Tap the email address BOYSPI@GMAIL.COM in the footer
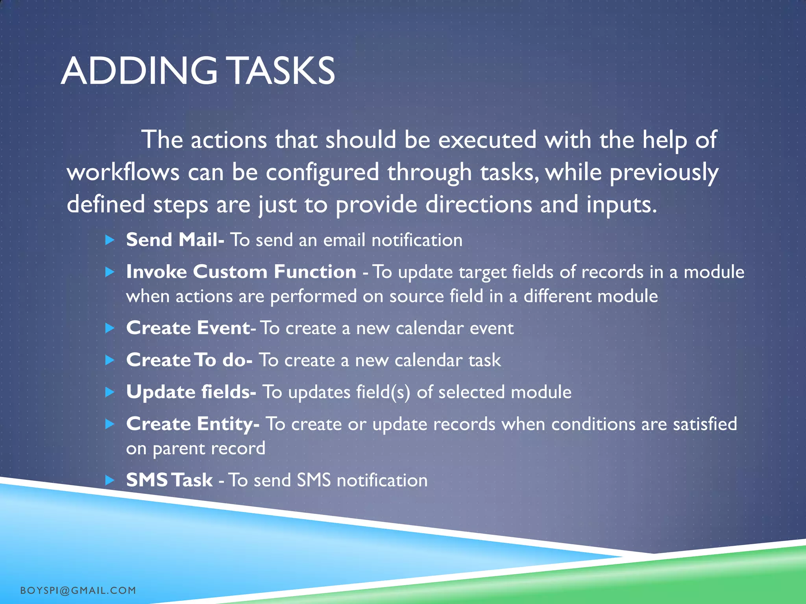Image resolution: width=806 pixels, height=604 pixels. point(78,590)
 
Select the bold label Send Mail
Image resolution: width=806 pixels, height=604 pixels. point(175,239)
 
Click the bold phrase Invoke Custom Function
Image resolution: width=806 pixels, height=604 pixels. point(241,272)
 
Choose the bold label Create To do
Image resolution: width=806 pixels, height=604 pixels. point(189,360)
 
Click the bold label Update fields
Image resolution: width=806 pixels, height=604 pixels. point(191,392)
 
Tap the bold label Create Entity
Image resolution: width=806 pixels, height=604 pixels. point(192,424)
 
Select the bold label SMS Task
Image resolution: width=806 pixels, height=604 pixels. point(169,480)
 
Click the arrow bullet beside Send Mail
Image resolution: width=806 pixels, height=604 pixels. point(110,240)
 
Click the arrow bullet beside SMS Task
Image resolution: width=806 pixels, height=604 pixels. point(110,480)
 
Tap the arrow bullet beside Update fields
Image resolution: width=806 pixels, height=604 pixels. point(110,392)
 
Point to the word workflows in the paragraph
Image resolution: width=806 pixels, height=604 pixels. point(123,172)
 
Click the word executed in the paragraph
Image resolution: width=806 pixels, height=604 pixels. point(487,140)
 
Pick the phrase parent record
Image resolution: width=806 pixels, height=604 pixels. point(209,449)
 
